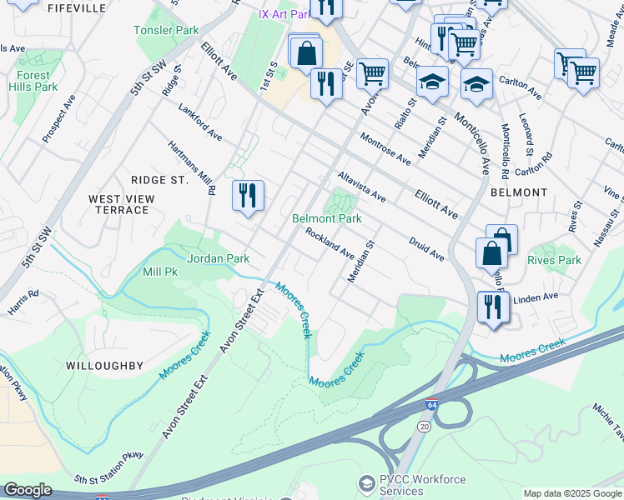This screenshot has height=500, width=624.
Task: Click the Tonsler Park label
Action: pyautogui.click(x=166, y=30)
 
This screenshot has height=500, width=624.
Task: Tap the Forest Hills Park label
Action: pyautogui.click(x=33, y=81)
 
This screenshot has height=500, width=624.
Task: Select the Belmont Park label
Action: pyautogui.click(x=326, y=218)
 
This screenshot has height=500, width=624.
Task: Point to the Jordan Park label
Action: pyautogui.click(x=218, y=258)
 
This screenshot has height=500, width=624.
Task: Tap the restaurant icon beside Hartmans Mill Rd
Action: pyautogui.click(x=248, y=196)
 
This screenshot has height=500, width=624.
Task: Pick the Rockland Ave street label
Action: pyautogui.click(x=330, y=243)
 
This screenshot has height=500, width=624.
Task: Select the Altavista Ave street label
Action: pyautogui.click(x=361, y=187)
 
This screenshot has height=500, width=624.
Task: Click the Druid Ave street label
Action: pyautogui.click(x=426, y=247)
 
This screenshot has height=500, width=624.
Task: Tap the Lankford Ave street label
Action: pyautogui.click(x=200, y=122)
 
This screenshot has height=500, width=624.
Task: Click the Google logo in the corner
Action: pyautogui.click(x=27, y=490)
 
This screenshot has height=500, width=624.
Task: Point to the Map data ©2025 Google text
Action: pyautogui.click(x=572, y=493)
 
